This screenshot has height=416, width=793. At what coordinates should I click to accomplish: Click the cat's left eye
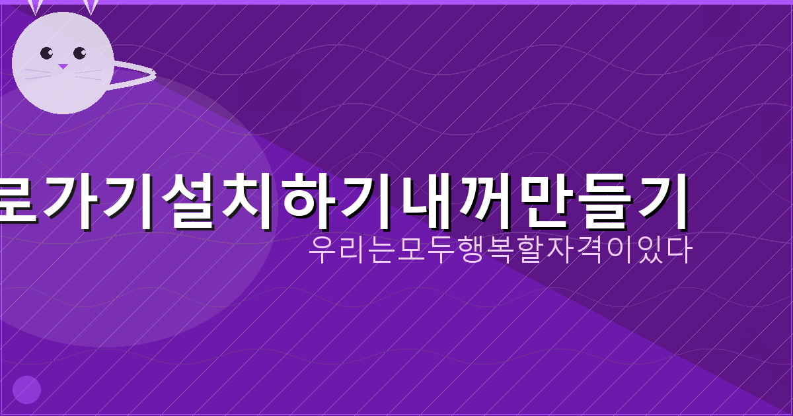46,53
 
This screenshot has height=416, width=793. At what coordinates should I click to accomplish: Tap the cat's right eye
79,53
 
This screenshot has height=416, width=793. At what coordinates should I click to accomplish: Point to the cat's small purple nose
62,67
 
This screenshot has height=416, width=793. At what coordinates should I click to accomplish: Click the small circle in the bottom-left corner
27,389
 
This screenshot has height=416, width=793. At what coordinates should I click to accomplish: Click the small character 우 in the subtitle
321,252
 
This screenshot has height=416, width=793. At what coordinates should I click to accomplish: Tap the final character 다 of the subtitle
679,252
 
